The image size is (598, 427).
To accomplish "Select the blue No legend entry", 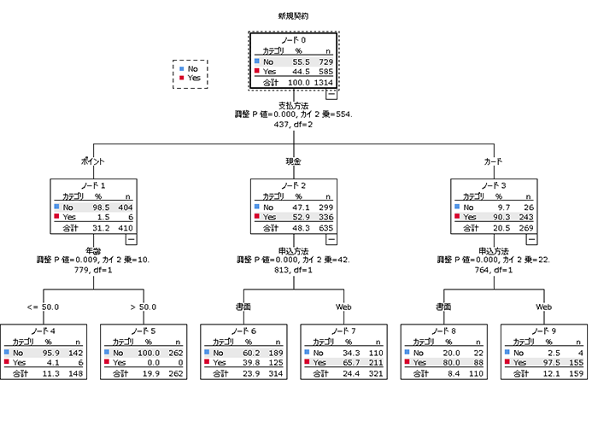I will [x=193, y=67].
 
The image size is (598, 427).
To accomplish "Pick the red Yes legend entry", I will [x=194, y=78].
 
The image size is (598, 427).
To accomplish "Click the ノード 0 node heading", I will [x=294, y=40].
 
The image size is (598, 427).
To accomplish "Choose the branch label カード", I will [x=493, y=161].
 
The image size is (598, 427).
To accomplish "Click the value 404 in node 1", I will [x=123, y=207].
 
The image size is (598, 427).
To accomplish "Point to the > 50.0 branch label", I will [x=143, y=307].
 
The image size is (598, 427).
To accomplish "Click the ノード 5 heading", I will [x=143, y=330].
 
